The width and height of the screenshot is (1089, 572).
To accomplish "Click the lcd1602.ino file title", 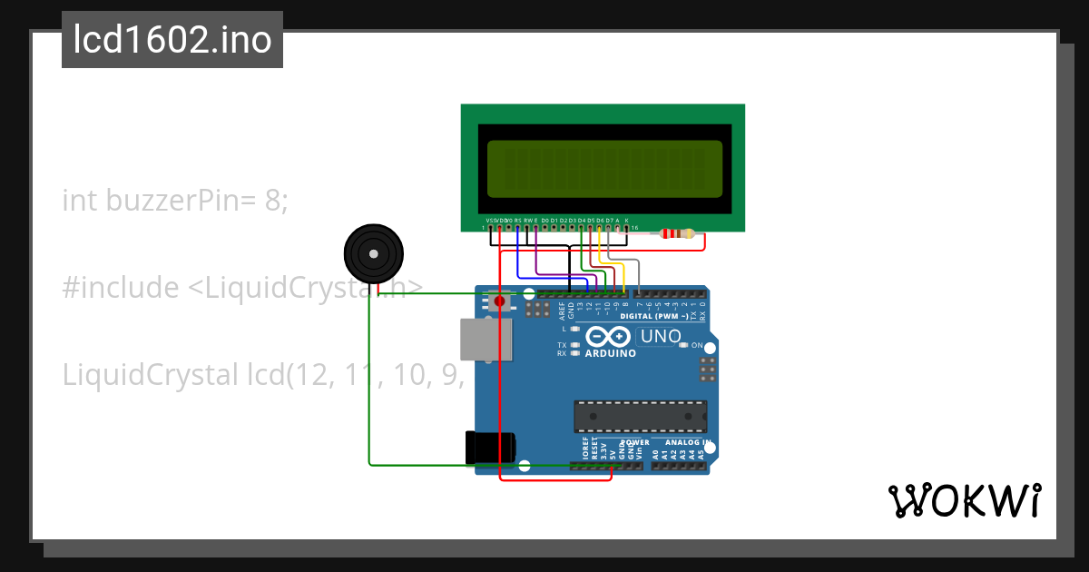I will pos(172,41).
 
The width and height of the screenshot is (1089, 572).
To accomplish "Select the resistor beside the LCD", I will pos(678,234).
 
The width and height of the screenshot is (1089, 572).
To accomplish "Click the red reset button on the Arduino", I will pos(499,301).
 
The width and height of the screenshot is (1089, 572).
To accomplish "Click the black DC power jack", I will pos(490,448).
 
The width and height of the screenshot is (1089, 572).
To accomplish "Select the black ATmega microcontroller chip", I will pos(640,416).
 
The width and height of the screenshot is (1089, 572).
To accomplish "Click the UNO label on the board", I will pos(661,337).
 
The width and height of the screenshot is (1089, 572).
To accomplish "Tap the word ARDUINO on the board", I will pos(610,354).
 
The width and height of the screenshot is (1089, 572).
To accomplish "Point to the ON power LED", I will pos(697,346).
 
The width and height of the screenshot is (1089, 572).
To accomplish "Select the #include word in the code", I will pos(121,288).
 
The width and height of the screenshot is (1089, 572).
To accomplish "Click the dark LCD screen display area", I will pos(604,169).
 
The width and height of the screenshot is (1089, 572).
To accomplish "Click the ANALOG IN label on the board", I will pos(682,442).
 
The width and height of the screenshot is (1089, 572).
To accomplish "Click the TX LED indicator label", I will pos(562,346).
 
